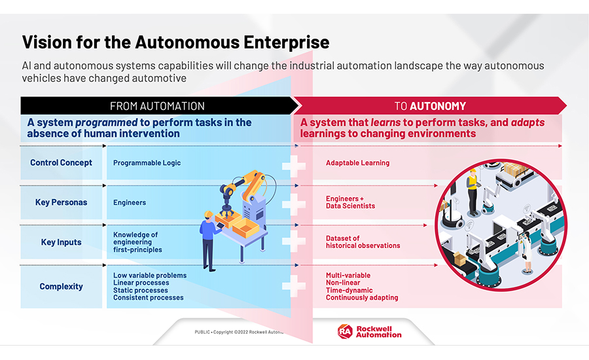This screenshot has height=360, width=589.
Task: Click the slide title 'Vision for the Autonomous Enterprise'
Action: tap(175, 42)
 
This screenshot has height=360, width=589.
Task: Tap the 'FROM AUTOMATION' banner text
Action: tap(157, 106)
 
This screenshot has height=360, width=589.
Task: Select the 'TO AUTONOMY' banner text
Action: tap(430, 106)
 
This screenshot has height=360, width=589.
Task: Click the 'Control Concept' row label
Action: tap(62, 163)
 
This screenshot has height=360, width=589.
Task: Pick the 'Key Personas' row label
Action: tap(62, 202)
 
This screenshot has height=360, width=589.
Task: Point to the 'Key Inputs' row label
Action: tap(62, 242)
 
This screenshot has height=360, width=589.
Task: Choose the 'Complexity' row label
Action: tap(62, 286)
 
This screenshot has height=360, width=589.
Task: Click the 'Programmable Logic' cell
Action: tap(147, 163)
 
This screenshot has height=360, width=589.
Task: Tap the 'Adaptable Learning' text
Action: tap(357, 163)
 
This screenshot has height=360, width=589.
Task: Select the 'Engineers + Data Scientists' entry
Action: tap(351, 202)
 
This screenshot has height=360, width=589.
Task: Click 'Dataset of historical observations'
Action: tap(363, 242)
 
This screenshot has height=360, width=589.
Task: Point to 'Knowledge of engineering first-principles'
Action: tap(137, 242)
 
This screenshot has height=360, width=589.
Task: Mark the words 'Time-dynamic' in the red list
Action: tap(349, 290)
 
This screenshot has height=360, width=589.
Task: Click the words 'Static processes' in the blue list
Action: tap(141, 290)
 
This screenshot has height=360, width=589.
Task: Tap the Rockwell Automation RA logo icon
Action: tap(345, 331)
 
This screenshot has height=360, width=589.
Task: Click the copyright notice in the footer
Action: tap(239, 333)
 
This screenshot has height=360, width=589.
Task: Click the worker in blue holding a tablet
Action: tap(210, 240)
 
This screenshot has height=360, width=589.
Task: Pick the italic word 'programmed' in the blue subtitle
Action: tap(106, 122)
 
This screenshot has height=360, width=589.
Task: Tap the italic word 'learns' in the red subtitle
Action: tap(385, 122)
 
